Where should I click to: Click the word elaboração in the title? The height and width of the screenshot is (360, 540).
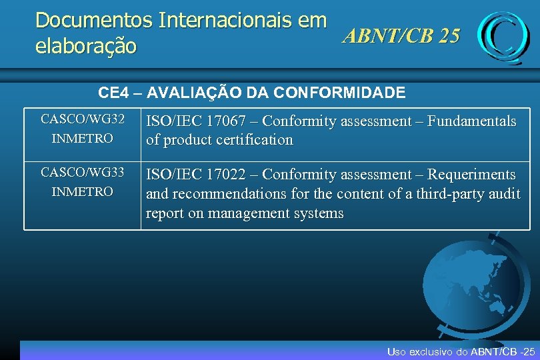tap(86, 47)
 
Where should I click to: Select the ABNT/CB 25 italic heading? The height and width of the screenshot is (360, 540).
tap(401, 36)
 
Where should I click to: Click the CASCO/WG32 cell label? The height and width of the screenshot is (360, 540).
tap(83, 119)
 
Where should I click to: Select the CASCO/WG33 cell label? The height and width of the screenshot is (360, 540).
tap(83, 173)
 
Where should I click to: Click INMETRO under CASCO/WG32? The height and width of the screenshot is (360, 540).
tap(83, 139)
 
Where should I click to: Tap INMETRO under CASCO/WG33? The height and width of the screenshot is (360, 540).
tap(83, 192)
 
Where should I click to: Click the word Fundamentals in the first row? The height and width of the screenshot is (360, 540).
tap(471, 121)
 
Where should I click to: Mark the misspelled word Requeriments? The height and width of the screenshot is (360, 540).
tap(471, 175)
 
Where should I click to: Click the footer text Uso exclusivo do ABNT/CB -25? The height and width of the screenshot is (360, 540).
tap(461, 351)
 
